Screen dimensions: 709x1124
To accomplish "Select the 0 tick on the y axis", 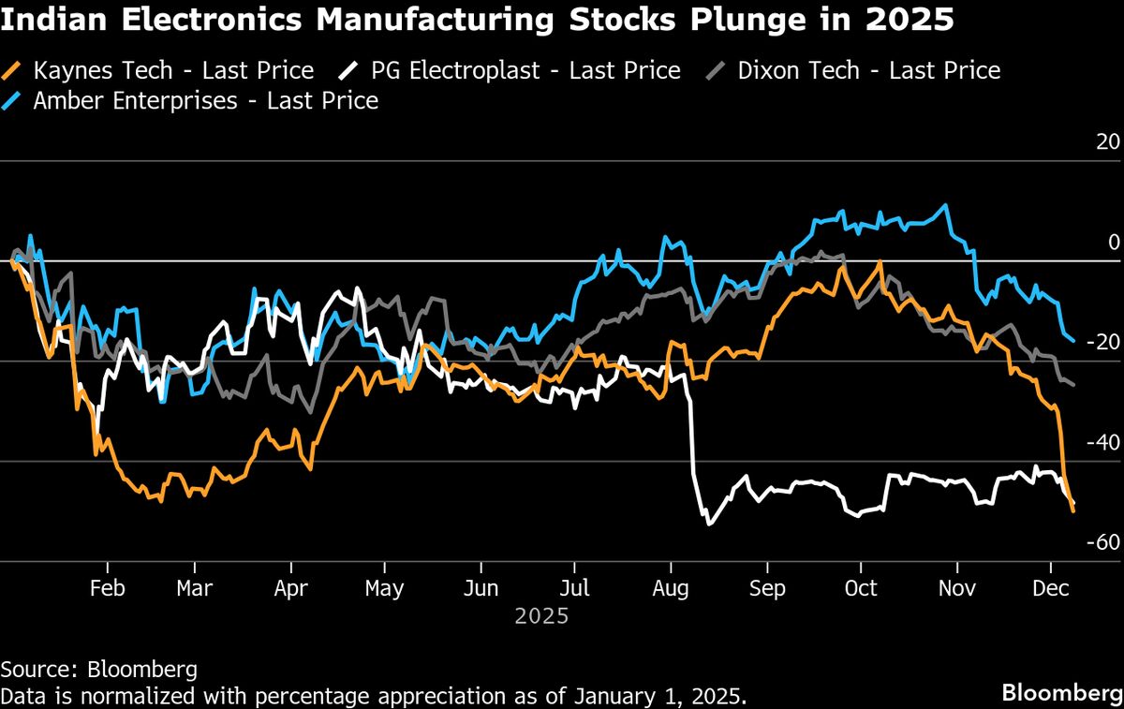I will pos(1114,243).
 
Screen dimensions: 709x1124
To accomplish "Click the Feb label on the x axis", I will pos(107,588).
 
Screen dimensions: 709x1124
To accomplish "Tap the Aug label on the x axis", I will pos(671,588).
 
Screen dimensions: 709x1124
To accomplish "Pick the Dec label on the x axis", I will pos(1050,588).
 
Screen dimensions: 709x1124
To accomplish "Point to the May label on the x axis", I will pos(384,588).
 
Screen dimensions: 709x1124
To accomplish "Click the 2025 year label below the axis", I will pos(541,616).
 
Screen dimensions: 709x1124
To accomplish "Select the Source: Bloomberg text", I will pos(98,669).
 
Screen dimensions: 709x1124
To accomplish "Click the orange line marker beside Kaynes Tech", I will pos(12,70).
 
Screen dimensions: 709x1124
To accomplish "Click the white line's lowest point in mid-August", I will pos(708,524).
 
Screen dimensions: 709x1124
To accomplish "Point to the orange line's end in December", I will pos(1072,510).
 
